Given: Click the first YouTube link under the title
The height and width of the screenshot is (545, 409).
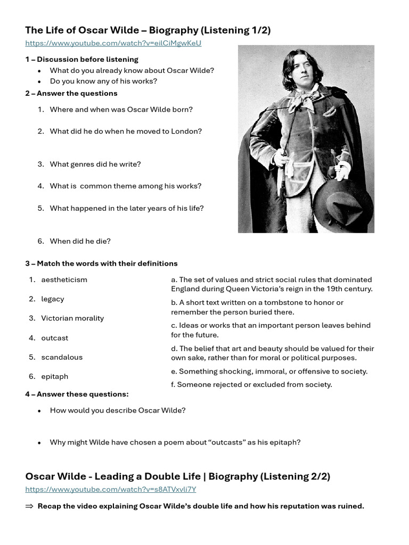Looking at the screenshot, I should (113, 43).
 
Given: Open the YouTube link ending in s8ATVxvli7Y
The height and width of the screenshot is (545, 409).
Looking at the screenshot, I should (110, 489).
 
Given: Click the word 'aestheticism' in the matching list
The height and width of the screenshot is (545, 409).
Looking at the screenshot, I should (64, 279).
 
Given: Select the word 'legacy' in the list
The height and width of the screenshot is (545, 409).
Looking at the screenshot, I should (52, 299).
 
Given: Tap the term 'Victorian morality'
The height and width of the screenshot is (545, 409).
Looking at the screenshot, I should (72, 318).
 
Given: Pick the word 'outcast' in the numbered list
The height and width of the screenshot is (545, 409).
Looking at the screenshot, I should (54, 338).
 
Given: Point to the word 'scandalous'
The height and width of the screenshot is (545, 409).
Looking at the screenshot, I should (62, 357).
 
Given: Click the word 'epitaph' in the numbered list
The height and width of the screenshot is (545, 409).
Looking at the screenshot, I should (54, 376).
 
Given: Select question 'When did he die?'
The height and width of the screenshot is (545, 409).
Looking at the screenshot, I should (80, 241).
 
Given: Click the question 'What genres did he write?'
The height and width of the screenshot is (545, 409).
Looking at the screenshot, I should (95, 164).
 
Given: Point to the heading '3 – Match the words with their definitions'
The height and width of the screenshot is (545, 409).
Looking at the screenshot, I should (101, 263).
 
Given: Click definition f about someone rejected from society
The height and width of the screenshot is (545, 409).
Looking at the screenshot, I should (251, 384).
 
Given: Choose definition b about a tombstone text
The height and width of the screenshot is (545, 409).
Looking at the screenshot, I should (257, 307).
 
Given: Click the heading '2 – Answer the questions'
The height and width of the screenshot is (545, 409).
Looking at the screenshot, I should (71, 93).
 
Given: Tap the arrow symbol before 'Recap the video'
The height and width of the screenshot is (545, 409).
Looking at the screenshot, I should (29, 506).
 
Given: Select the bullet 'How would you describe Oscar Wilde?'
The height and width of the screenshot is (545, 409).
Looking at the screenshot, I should (117, 410).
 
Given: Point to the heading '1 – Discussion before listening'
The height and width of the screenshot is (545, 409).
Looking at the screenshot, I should (81, 59).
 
